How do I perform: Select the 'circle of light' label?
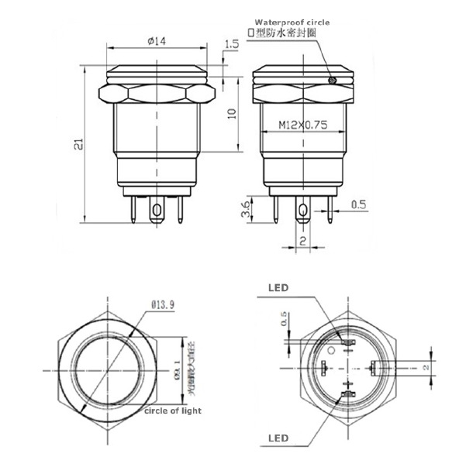[173, 411]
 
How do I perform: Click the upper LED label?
[278, 287]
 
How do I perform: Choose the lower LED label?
[278, 438]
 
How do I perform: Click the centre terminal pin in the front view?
[158, 210]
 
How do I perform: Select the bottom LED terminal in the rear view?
[342, 398]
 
